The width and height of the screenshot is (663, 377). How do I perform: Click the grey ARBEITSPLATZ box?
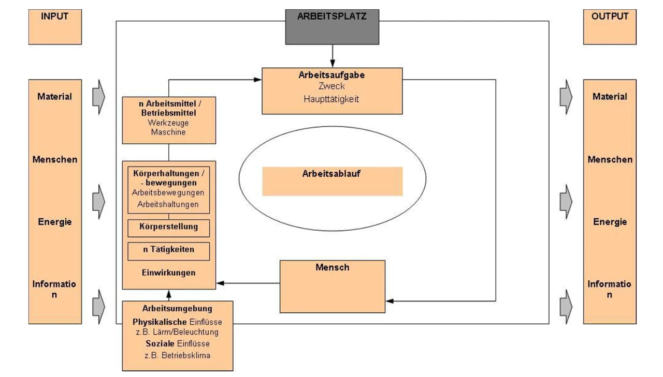click(332, 26)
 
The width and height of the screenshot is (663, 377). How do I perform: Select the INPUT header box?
click(54, 27)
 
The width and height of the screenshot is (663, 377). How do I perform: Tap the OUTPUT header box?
click(610, 27)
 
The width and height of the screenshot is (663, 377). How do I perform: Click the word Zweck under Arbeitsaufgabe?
click(331, 86)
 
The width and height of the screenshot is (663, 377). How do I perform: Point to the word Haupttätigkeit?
click(331, 99)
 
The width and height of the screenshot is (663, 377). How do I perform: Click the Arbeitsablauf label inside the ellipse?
click(331, 174)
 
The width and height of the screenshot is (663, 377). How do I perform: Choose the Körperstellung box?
click(168, 227)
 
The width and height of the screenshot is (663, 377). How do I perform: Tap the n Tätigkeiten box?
click(168, 250)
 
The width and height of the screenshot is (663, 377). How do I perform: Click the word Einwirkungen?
click(168, 272)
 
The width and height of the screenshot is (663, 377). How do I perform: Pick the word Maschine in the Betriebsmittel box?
click(168, 132)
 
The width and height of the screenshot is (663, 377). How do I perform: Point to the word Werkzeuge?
click(168, 124)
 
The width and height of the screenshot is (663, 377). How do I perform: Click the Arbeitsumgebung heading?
click(177, 309)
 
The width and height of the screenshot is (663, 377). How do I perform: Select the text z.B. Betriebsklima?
click(177, 355)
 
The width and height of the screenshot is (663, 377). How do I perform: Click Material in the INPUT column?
click(54, 97)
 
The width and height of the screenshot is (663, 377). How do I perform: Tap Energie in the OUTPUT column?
click(610, 222)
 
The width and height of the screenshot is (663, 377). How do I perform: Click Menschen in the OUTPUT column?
click(610, 159)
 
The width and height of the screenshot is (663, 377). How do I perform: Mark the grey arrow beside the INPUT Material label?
click(98, 97)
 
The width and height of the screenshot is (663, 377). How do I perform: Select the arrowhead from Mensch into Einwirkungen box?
click(220, 283)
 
